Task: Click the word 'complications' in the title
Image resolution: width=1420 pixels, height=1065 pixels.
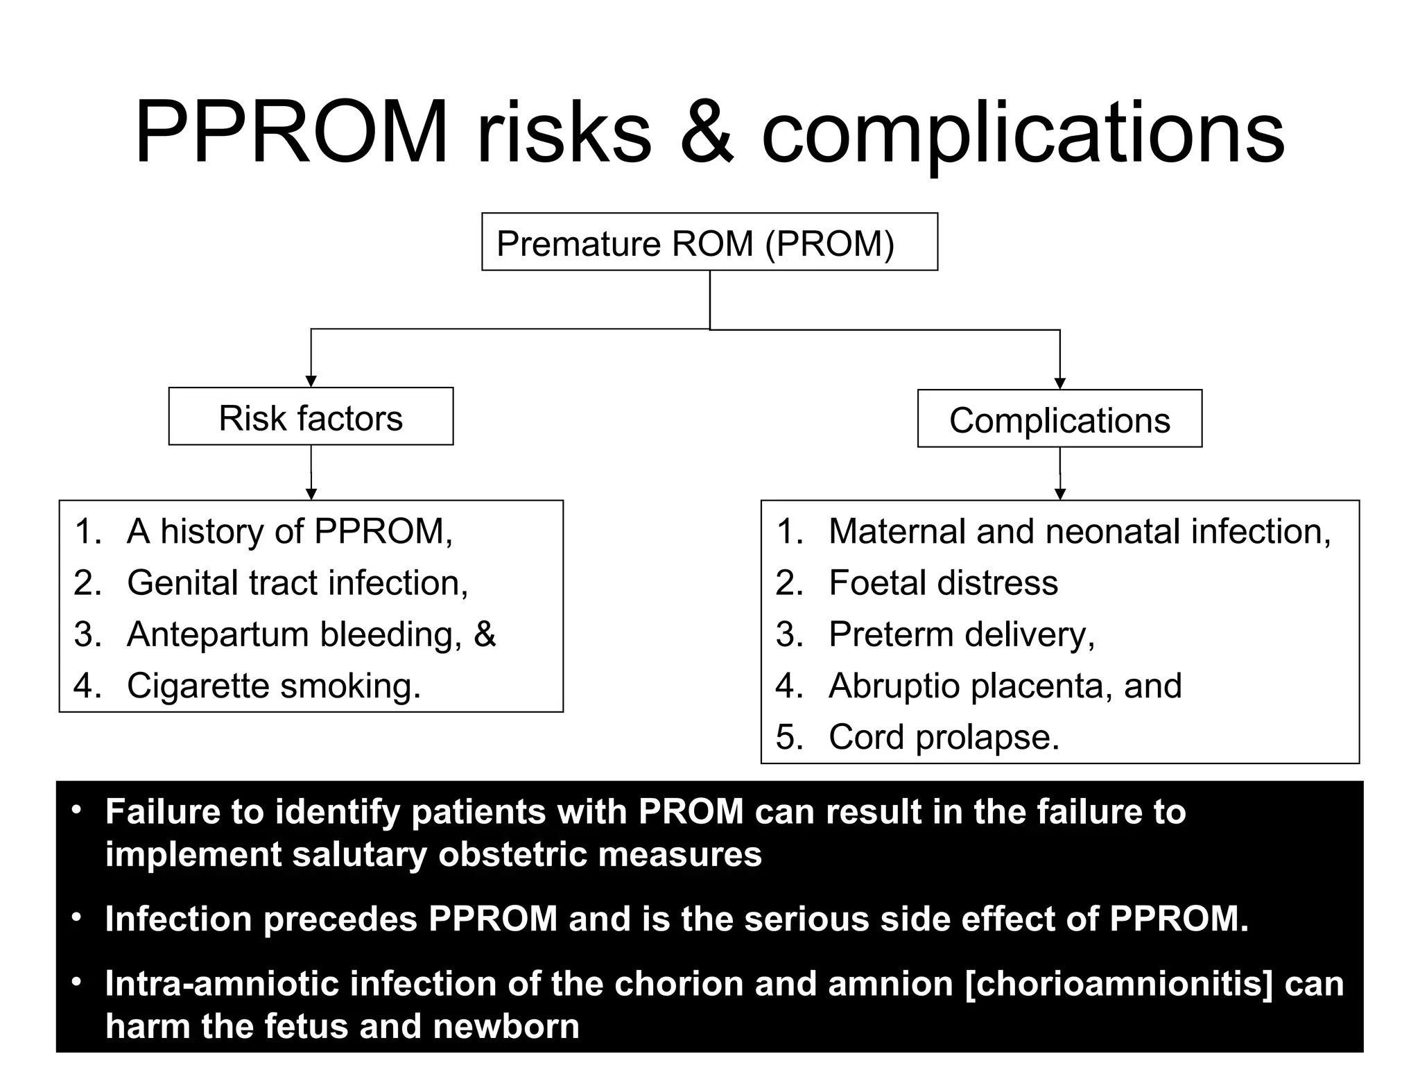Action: tap(1023, 133)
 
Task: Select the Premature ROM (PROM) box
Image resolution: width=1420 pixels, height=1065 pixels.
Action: tap(709, 242)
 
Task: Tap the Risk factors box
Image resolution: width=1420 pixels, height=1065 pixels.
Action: tap(311, 417)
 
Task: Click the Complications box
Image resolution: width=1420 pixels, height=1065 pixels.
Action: tap(1059, 419)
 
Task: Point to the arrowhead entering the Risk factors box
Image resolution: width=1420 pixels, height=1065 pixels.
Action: tap(311, 381)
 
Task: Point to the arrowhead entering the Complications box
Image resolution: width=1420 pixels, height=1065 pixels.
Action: tap(1059, 383)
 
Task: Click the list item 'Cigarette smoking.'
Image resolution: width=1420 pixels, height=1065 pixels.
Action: tap(274, 686)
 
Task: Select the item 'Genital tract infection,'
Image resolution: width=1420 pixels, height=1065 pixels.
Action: tap(297, 582)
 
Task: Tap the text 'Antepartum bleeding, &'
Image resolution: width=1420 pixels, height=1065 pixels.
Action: tap(311, 634)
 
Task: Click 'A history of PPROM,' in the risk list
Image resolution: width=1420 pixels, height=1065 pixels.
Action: tap(290, 531)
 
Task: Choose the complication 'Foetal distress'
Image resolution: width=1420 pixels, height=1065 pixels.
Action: tap(943, 582)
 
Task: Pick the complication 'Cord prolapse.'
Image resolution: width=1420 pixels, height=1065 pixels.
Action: tap(944, 736)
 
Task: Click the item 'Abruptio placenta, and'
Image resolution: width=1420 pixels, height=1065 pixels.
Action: tap(1005, 686)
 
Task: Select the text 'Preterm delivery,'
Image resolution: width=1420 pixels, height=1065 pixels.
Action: tap(962, 634)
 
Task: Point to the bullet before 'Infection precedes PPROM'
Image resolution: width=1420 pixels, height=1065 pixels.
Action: tap(77, 917)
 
